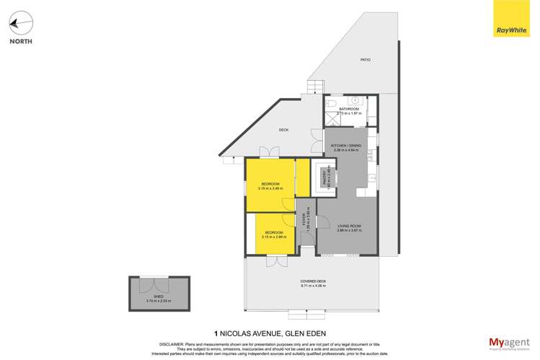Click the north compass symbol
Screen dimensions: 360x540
coord(20,23)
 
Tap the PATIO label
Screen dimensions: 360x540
coord(366,60)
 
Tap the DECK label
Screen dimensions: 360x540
coord(283,130)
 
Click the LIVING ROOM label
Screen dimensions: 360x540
coord(348,227)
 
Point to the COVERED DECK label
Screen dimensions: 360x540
coord(313,281)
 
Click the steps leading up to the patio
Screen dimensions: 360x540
coord(315,87)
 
